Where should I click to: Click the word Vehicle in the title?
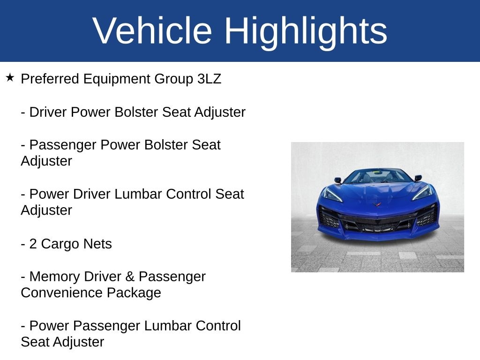[x=152, y=31]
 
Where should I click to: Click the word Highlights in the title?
[x=306, y=31]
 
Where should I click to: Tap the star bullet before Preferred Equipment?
[x=10, y=77]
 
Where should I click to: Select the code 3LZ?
[x=209, y=79]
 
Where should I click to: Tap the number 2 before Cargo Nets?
[x=33, y=244]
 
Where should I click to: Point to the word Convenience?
[x=61, y=293]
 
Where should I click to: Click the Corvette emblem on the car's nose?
[x=377, y=204]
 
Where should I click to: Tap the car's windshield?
[x=377, y=177]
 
